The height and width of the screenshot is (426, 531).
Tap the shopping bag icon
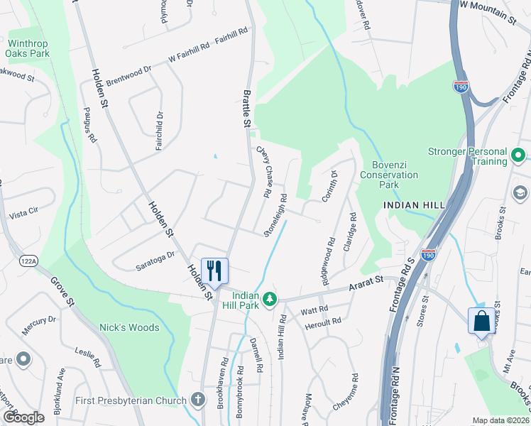pos(481,320)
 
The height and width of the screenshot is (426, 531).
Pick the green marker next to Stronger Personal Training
pos(518,155)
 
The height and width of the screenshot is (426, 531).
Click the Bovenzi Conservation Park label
pos(389,175)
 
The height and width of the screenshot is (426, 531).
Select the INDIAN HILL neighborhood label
pos(413,204)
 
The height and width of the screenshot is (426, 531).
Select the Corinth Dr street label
pos(329,185)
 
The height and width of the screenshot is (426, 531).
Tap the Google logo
pos(23,417)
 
